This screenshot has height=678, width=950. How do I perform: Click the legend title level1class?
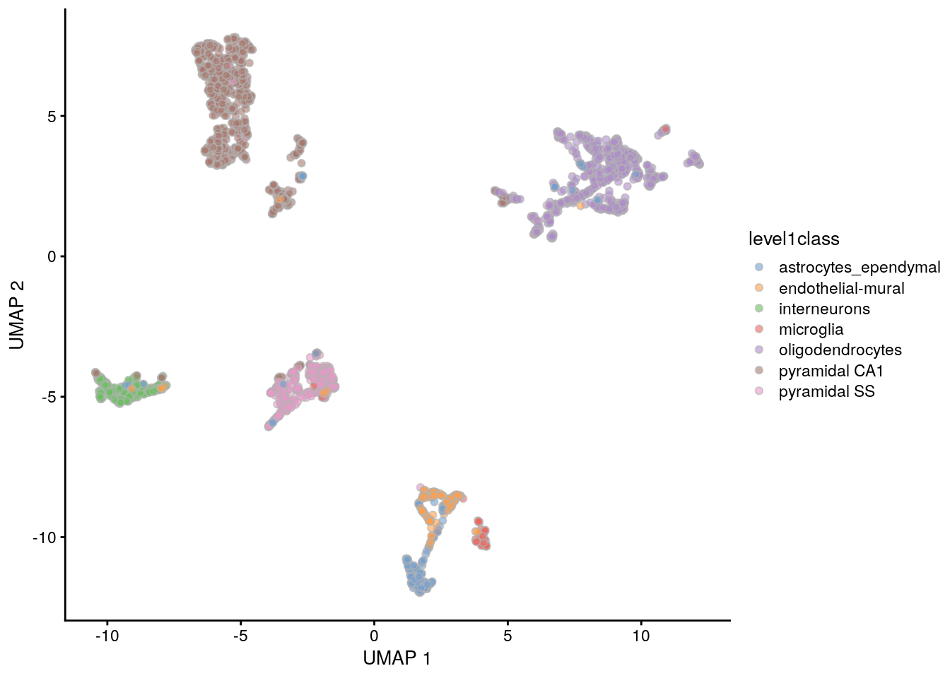click(794, 239)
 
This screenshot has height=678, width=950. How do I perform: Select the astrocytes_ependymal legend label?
click(859, 268)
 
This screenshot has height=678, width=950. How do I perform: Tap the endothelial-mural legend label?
click(841, 288)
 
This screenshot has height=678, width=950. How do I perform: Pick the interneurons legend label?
click(824, 309)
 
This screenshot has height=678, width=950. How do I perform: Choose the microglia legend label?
click(811, 329)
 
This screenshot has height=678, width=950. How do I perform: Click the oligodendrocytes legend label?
click(840, 350)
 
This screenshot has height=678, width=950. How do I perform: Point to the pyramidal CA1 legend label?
click(831, 371)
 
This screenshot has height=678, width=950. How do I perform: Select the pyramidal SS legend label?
click(826, 391)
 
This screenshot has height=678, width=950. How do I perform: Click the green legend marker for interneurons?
click(759, 309)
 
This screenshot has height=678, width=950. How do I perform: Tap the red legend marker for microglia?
click(759, 329)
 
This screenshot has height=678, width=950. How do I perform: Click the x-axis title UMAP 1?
click(397, 658)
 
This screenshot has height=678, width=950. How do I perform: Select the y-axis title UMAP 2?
click(18, 315)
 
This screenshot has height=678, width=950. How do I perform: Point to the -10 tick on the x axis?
click(107, 636)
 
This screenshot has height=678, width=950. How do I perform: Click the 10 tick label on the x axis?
click(640, 636)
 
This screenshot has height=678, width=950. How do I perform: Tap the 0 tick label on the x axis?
click(374, 636)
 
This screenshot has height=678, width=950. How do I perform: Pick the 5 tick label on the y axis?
click(52, 117)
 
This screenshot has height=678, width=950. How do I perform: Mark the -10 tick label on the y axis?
click(43, 538)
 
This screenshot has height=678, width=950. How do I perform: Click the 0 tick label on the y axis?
click(52, 256)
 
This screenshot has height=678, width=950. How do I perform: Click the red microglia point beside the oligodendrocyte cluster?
click(665, 129)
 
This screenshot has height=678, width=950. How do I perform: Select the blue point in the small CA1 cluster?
click(302, 176)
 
